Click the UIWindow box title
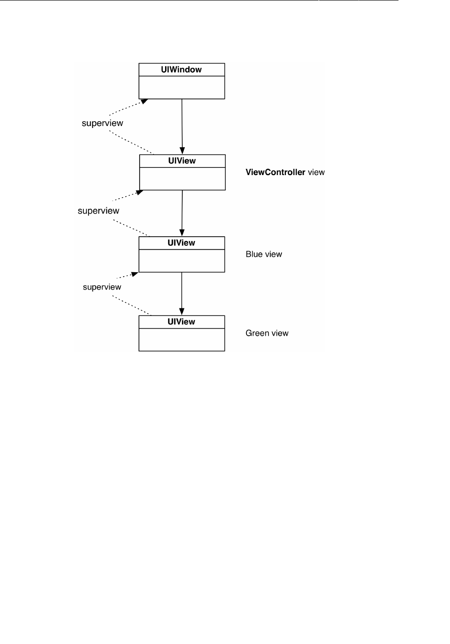pos(181,70)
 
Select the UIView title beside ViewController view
pos(182,161)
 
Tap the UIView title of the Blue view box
pos(181,243)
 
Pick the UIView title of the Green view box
pos(181,322)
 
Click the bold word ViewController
pos(275,172)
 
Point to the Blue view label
pos(264,254)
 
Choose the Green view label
pos(267,333)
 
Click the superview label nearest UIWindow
pos(103,123)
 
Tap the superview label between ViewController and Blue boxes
pos(99,211)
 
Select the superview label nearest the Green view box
pos(102,287)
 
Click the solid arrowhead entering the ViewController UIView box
pos(182,151)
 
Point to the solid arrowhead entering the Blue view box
pos(182,233)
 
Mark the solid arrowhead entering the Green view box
pos(181,312)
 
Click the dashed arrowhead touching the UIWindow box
pos(144,101)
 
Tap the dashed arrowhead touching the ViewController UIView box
pos(140,192)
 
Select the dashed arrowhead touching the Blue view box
pos(135,275)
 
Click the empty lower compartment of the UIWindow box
pos(181,88)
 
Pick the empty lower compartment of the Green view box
pos(181,340)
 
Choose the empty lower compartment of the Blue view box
pos(181,261)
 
